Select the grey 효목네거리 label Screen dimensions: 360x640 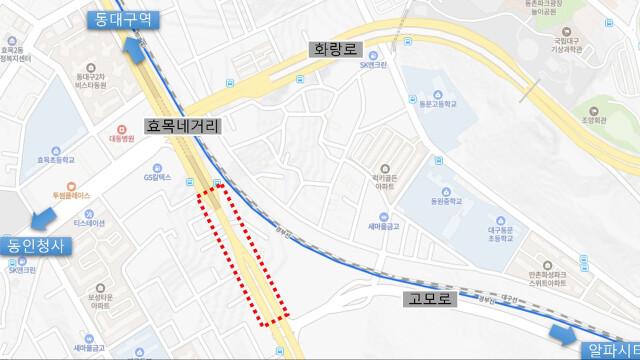pyautogui.click(x=182, y=126)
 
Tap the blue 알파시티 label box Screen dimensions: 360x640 pyautogui.click(x=610, y=349)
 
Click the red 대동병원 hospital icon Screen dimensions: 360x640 pyautogui.click(x=123, y=129)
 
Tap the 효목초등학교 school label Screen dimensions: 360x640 pyautogui.click(x=56, y=158)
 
